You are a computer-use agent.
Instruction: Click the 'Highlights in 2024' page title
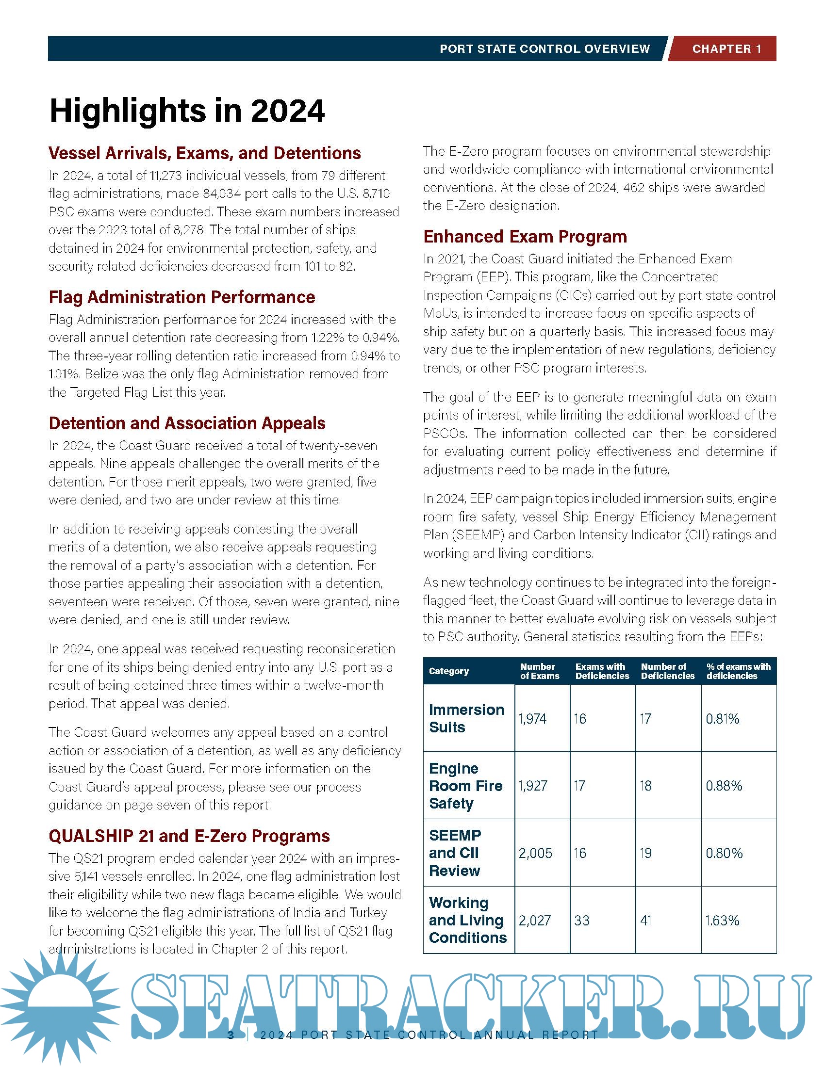click(187, 111)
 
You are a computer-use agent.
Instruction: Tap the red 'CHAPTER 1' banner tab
click(726, 49)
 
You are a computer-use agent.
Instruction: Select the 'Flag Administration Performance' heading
click(182, 297)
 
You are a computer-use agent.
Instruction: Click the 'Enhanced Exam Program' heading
click(525, 237)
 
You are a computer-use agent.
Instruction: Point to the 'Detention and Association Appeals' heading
click(187, 423)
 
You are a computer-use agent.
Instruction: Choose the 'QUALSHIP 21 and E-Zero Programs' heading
click(189, 836)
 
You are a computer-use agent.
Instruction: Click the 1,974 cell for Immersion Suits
click(532, 719)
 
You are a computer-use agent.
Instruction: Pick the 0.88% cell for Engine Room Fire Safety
click(724, 786)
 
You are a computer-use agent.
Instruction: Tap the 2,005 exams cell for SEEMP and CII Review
click(535, 853)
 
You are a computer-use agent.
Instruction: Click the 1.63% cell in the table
click(722, 921)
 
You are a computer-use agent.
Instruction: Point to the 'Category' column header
click(449, 671)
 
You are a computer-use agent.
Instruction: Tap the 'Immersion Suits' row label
click(466, 718)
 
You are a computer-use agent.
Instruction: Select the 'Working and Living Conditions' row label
click(468, 920)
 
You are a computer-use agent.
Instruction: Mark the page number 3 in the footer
click(231, 1035)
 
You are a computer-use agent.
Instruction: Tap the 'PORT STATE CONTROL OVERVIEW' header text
click(544, 49)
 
